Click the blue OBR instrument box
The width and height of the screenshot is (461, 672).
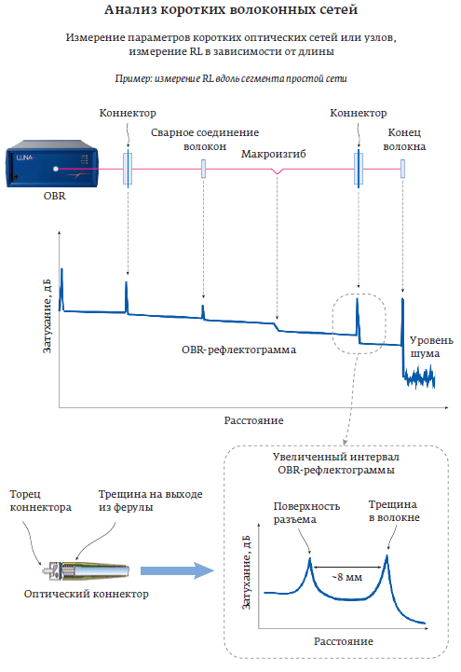52,163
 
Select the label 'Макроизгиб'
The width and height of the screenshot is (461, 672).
274,154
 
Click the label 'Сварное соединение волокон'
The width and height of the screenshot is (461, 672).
205,139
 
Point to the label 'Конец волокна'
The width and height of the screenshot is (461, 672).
404,139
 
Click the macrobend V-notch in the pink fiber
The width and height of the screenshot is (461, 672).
278,171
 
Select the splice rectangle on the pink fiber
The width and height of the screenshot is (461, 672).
203,169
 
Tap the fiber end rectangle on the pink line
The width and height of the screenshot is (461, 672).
402,169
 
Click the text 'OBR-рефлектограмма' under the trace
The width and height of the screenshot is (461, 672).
238,350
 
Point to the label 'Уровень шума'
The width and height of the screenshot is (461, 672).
431,347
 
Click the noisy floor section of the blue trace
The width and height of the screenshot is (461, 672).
419,377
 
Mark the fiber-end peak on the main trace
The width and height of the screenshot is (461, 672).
402,299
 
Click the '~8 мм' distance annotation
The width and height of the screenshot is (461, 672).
347,577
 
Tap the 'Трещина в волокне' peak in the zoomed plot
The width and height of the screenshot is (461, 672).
386,556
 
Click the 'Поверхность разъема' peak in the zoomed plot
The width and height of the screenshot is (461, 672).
310,559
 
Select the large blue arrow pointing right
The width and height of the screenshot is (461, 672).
177,570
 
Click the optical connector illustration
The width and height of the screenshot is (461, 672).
86,570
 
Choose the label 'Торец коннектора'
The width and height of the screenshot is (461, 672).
41,501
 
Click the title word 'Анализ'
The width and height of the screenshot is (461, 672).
130,9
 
